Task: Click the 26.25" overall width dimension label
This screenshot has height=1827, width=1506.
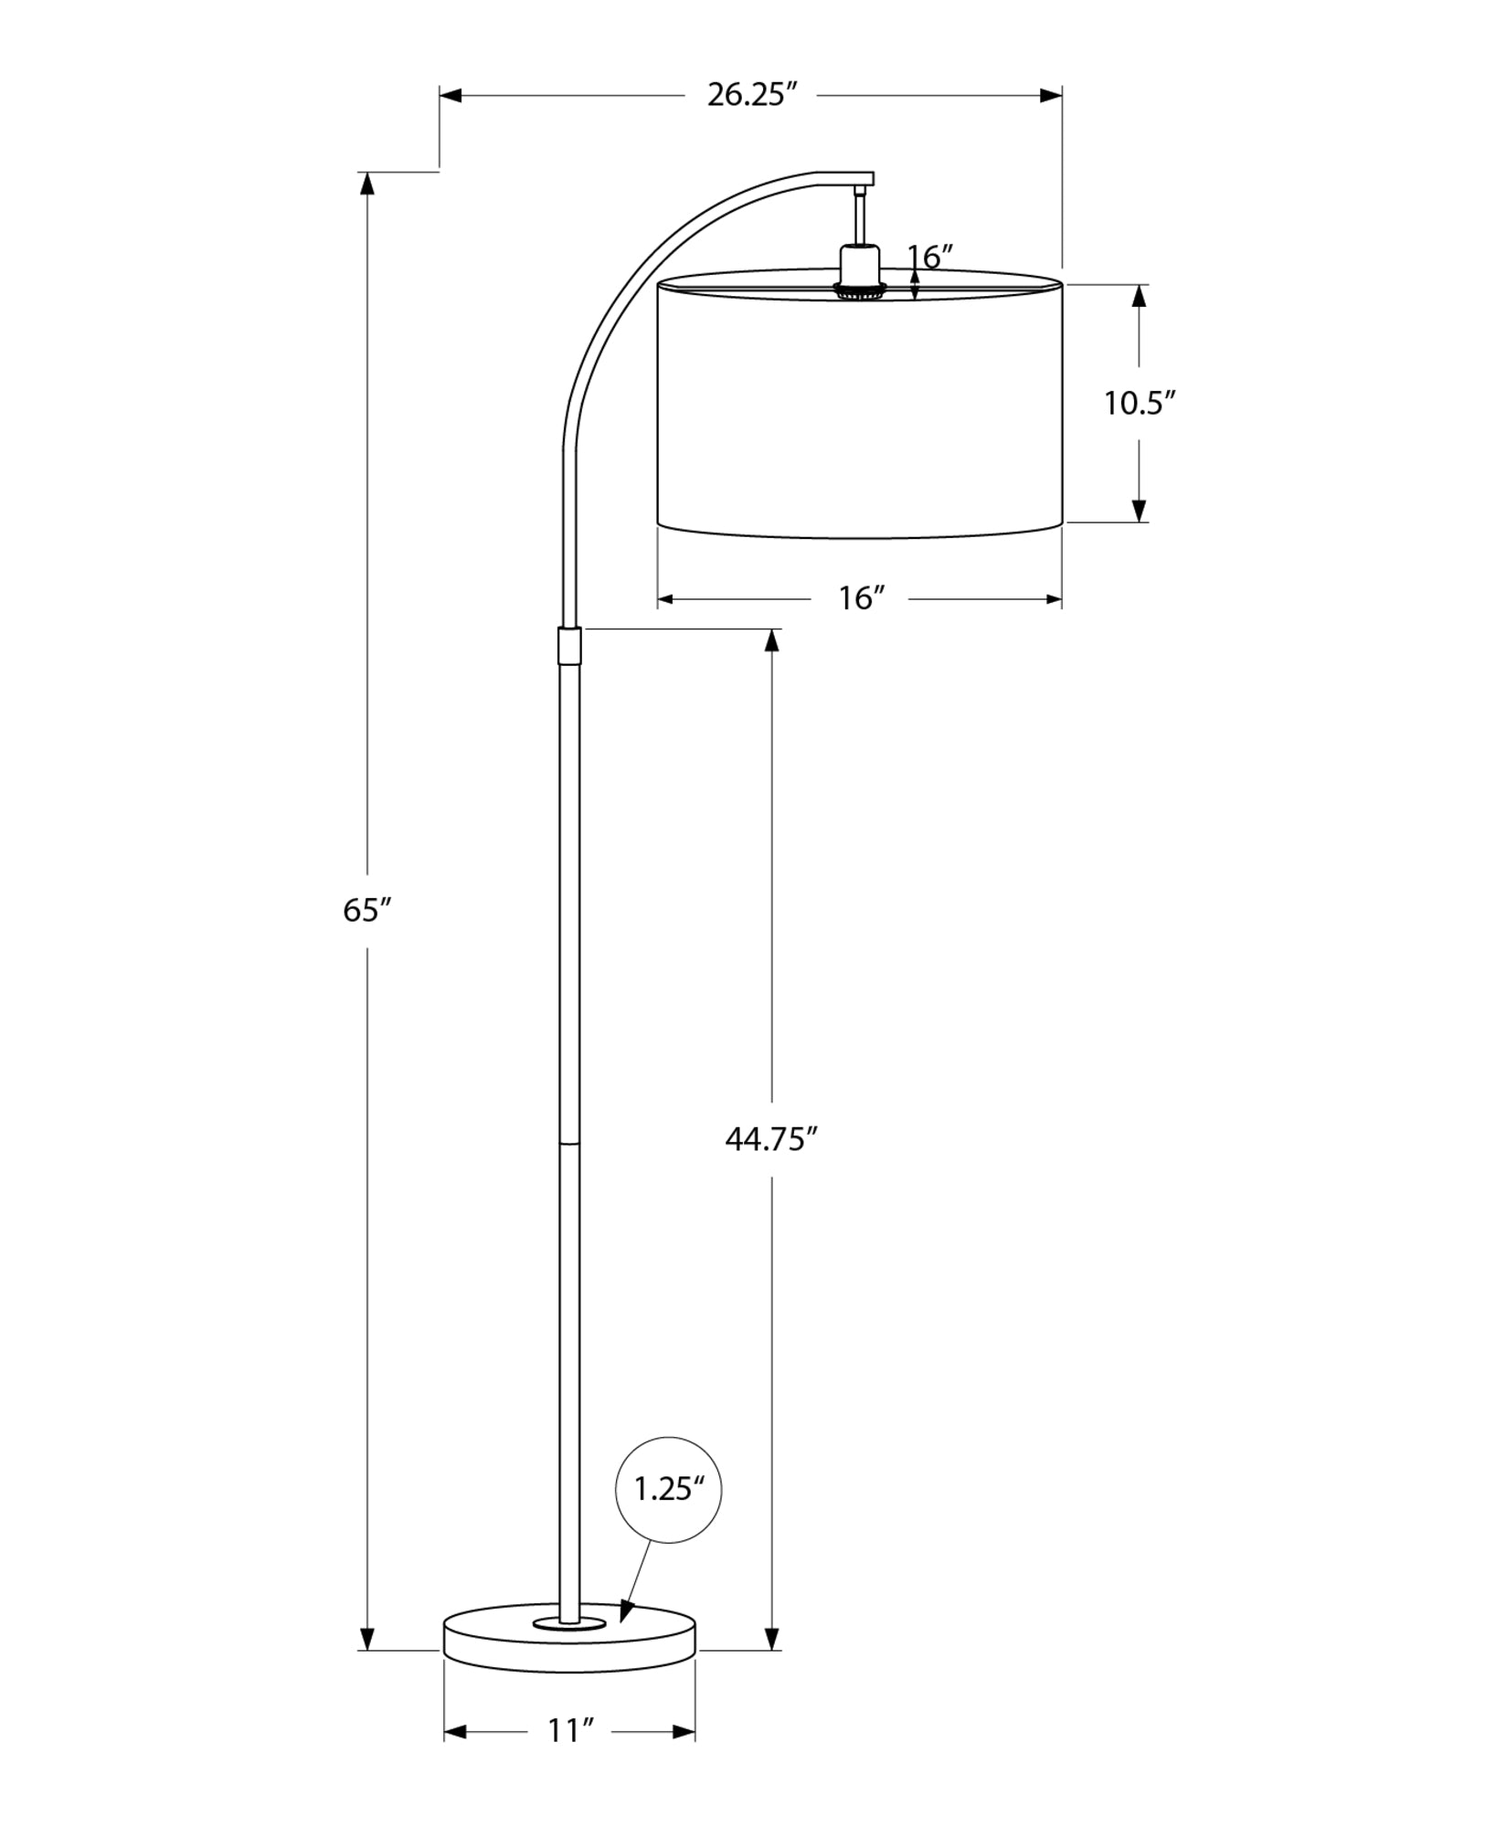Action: point(747,95)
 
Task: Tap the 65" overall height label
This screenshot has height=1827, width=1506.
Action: point(367,910)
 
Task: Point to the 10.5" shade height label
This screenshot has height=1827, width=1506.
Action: point(1138,403)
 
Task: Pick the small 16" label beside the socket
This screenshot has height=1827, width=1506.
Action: point(930,258)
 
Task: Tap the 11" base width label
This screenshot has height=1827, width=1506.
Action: point(570,1731)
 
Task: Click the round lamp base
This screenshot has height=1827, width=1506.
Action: point(568,1655)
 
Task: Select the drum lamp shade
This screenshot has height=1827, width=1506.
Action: point(859,407)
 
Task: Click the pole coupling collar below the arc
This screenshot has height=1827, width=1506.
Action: point(568,646)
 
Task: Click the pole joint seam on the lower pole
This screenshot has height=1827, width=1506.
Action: point(568,1142)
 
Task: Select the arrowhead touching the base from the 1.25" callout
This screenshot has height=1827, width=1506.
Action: point(626,1611)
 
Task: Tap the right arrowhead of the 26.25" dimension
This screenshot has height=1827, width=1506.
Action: point(1051,95)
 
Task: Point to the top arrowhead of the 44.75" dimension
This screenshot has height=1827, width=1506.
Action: point(772,640)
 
